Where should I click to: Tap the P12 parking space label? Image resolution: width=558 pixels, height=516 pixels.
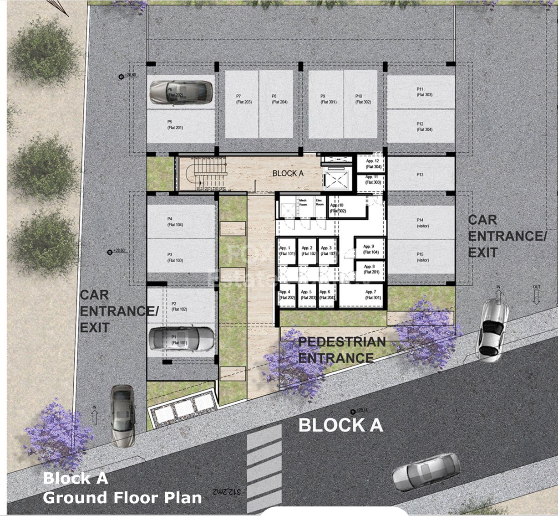[420, 126]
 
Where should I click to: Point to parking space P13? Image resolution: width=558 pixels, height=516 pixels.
[420, 175]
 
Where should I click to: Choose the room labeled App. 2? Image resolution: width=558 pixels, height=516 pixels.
[308, 250]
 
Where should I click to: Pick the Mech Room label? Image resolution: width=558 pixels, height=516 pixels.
[303, 202]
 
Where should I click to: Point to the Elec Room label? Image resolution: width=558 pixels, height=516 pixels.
[320, 202]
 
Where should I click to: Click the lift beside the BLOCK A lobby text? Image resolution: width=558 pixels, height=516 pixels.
[336, 178]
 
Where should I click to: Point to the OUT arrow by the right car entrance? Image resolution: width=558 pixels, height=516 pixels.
[537, 295]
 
